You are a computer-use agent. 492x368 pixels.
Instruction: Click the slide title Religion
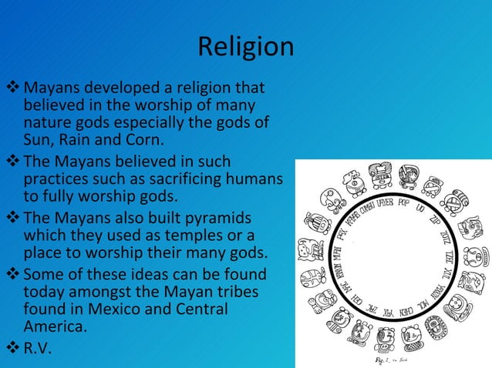(x=245, y=47)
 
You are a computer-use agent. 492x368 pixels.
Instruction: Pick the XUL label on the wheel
(x=447, y=273)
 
